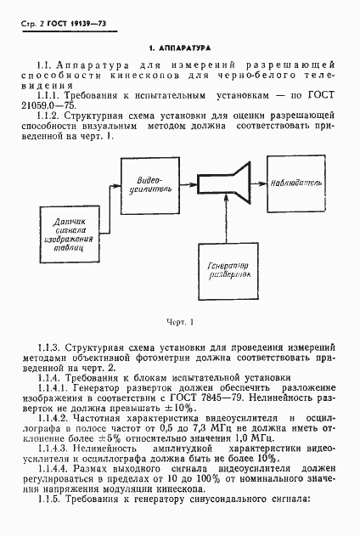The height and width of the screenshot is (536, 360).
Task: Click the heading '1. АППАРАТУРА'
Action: point(179,50)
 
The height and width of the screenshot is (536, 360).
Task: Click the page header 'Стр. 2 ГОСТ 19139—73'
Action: point(56,19)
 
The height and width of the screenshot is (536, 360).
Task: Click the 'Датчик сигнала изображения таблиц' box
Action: point(64,230)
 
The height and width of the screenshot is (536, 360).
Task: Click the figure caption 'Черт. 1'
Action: point(181,322)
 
